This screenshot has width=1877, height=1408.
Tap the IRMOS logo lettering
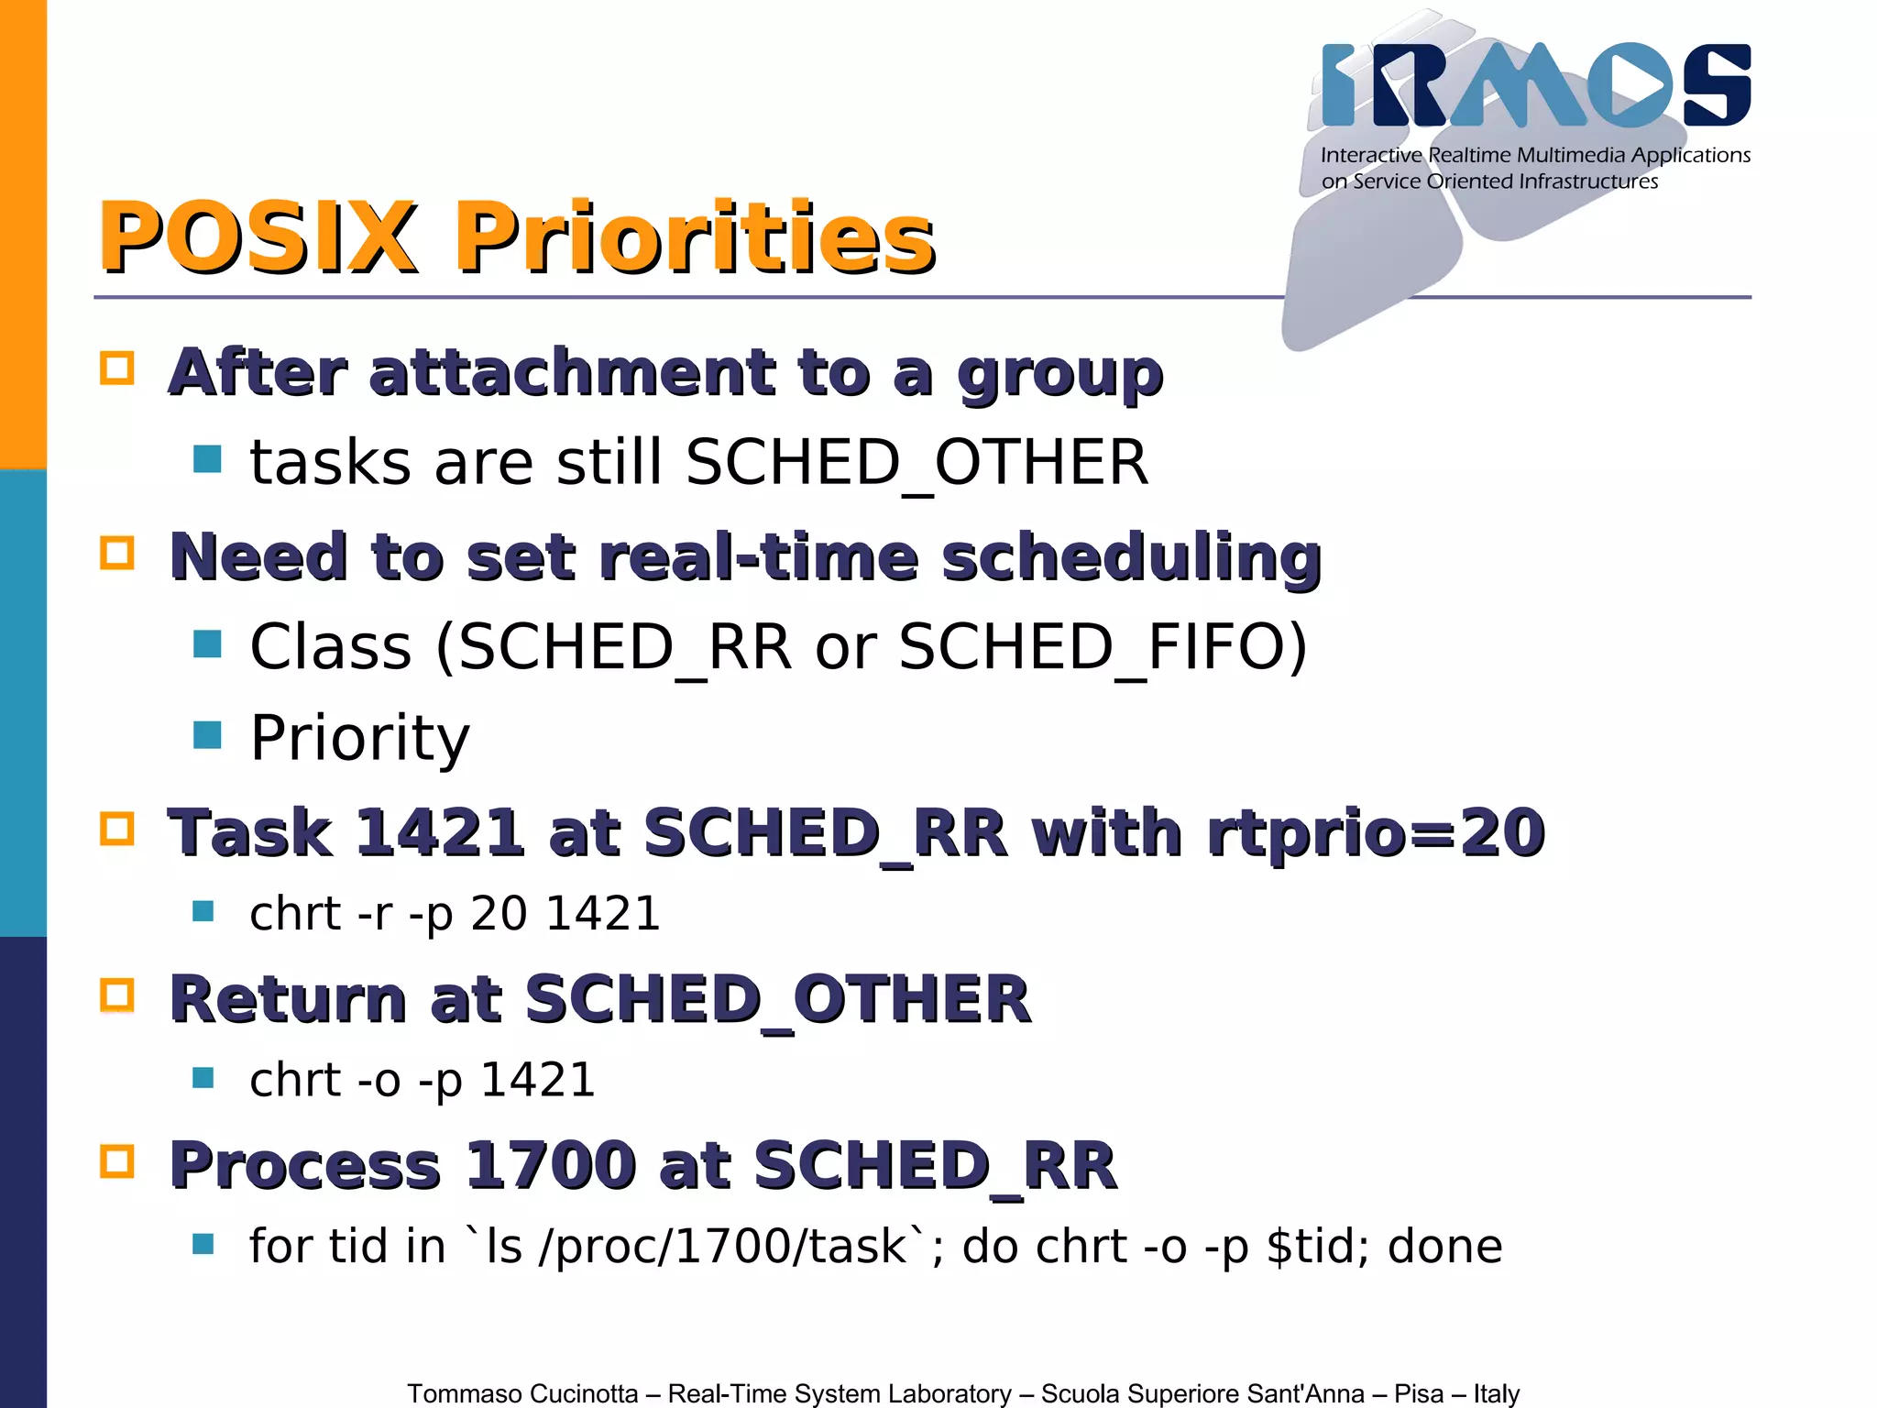pos(1536,86)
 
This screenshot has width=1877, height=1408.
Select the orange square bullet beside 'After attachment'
pos(117,368)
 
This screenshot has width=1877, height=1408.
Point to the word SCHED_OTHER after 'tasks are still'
pos(917,463)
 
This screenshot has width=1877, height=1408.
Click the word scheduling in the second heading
pos(1131,557)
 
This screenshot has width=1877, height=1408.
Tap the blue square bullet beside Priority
pos(208,735)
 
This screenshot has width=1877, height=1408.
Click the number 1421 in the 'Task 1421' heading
pos(439,833)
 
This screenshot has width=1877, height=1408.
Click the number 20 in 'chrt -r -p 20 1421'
pos(499,914)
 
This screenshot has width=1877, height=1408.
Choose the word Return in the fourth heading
pos(288,999)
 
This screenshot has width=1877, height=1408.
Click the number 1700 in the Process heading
pos(551,1166)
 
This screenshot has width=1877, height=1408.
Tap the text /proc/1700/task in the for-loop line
pos(724,1247)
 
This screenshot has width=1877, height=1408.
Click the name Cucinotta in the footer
pos(584,1393)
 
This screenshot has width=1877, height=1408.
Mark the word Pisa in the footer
pos(1419,1393)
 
